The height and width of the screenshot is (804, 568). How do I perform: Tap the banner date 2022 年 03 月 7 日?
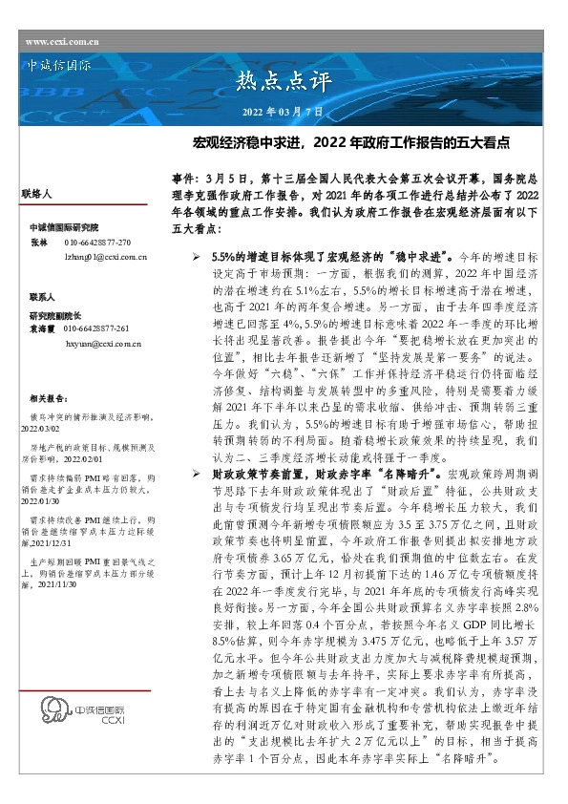(x=284, y=113)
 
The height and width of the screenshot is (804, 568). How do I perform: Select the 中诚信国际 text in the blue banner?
(x=60, y=69)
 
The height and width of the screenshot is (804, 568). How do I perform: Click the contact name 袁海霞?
(x=42, y=328)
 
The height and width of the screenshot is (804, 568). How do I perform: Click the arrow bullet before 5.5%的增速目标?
(x=196, y=259)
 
